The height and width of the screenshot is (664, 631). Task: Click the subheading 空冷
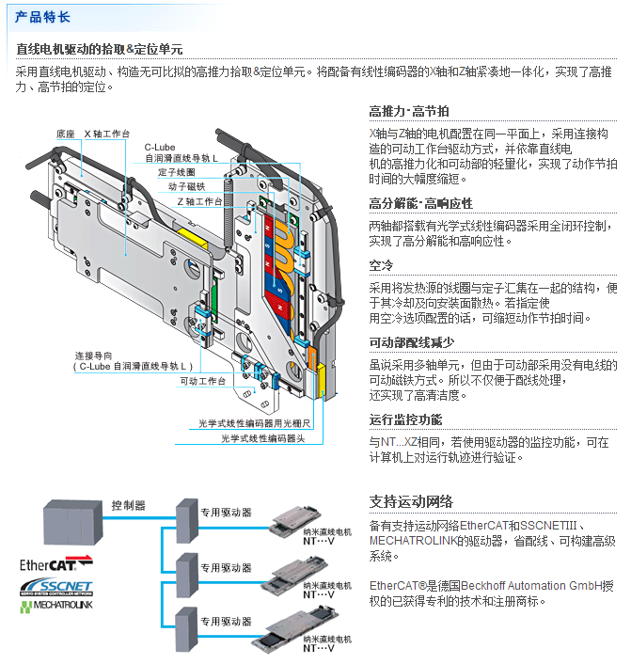tap(381, 265)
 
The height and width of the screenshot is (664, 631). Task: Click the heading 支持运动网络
tap(411, 500)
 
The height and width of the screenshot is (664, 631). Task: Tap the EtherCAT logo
tap(55, 565)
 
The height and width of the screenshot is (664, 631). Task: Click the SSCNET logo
tap(57, 588)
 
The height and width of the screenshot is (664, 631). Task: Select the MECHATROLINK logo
tap(57, 607)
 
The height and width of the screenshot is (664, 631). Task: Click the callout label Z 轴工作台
tap(198, 201)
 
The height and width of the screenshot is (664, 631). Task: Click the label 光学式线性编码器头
tap(265, 438)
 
